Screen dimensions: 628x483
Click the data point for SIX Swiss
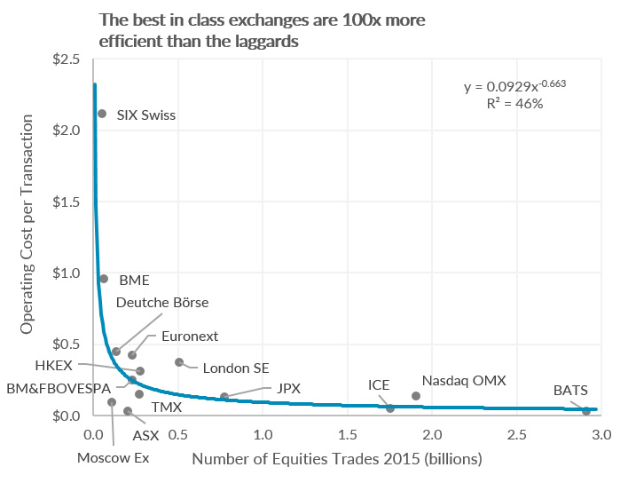point(102,114)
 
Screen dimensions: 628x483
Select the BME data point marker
point(104,279)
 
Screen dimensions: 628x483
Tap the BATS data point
point(586,411)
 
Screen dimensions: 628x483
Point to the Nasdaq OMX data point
point(416,396)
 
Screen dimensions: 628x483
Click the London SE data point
point(179,362)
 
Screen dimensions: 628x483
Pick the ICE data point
point(390,408)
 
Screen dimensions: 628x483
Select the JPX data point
point(224,397)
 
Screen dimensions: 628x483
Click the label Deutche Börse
point(162,302)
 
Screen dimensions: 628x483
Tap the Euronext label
point(190,337)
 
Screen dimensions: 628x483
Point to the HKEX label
point(54,366)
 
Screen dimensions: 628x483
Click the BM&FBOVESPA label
point(59,388)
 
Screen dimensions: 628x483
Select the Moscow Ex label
point(113,458)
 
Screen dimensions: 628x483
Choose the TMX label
point(167,408)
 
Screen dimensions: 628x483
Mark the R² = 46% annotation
point(515,104)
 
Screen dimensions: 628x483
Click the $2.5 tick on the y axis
point(67,59)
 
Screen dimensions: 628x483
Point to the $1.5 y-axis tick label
point(67,202)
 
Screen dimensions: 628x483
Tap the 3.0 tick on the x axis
point(601,435)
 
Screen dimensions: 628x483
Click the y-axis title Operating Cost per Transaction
point(27,225)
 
